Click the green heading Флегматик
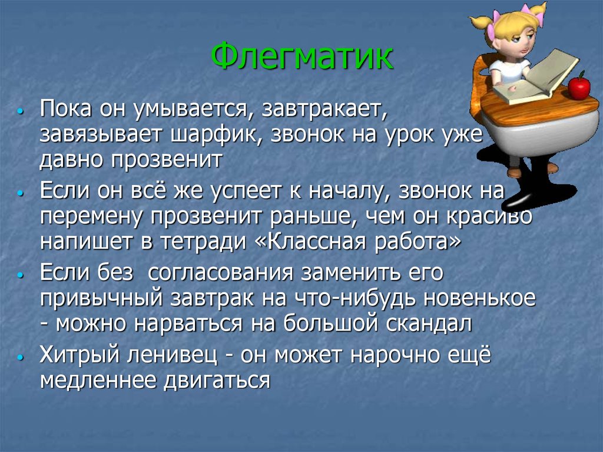pos(302,57)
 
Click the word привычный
pos(101,299)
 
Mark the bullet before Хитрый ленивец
pos(22,358)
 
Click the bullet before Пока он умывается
pos(22,110)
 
